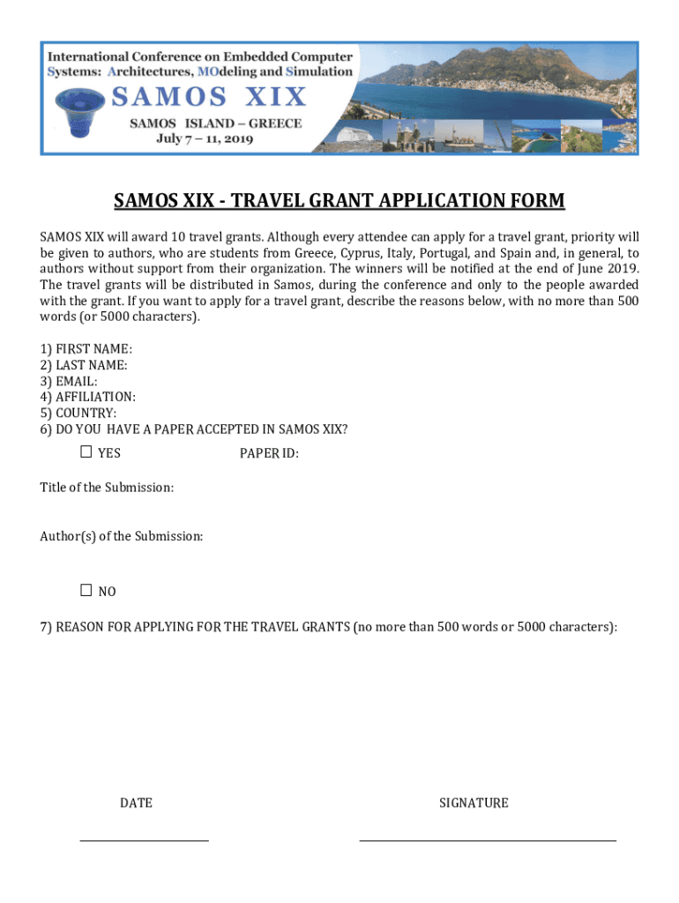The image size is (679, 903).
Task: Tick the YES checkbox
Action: (x=86, y=452)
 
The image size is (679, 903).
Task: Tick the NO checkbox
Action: (x=86, y=590)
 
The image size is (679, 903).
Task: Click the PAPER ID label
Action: (x=269, y=453)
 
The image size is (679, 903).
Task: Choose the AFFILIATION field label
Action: (x=95, y=397)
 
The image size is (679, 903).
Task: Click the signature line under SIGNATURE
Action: (x=488, y=840)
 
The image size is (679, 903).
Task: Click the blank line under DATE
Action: (x=145, y=840)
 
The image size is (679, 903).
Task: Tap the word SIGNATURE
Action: (x=474, y=802)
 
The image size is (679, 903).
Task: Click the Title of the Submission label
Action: (x=107, y=487)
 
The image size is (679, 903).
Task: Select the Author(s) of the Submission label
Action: (x=122, y=535)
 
